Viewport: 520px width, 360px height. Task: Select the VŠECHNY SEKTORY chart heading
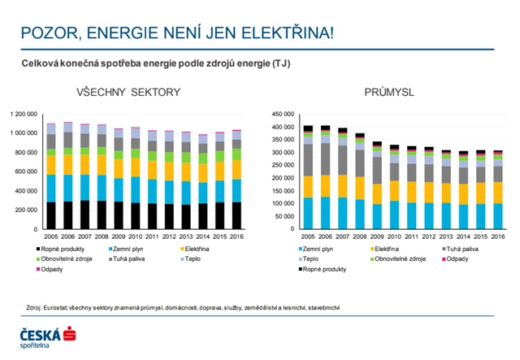pyautogui.click(x=129, y=92)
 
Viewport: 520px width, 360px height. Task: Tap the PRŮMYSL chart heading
pyautogui.click(x=383, y=92)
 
